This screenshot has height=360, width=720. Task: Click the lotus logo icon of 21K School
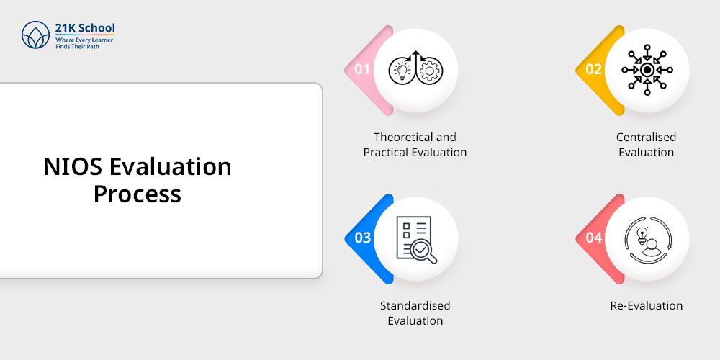tap(35, 35)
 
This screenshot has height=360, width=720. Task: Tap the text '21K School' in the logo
tap(85, 28)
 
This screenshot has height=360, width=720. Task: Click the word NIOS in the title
tap(73, 167)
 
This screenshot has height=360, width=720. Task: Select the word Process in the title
tap(138, 194)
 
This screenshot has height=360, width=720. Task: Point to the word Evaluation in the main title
tap(170, 167)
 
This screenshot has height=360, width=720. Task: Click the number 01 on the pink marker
tap(362, 69)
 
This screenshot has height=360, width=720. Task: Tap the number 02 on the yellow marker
tap(594, 69)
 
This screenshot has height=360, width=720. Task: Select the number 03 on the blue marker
tap(362, 238)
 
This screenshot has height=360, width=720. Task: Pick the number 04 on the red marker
tap(594, 238)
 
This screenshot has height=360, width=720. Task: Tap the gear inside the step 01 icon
tap(429, 71)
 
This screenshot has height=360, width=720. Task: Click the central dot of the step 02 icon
tap(647, 70)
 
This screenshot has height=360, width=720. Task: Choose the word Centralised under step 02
tap(646, 137)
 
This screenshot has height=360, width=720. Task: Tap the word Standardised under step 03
tap(415, 305)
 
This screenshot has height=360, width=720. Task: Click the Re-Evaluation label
tap(646, 305)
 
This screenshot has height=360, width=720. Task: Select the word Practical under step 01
tap(386, 152)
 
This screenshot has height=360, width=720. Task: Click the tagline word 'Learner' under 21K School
tap(102, 40)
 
